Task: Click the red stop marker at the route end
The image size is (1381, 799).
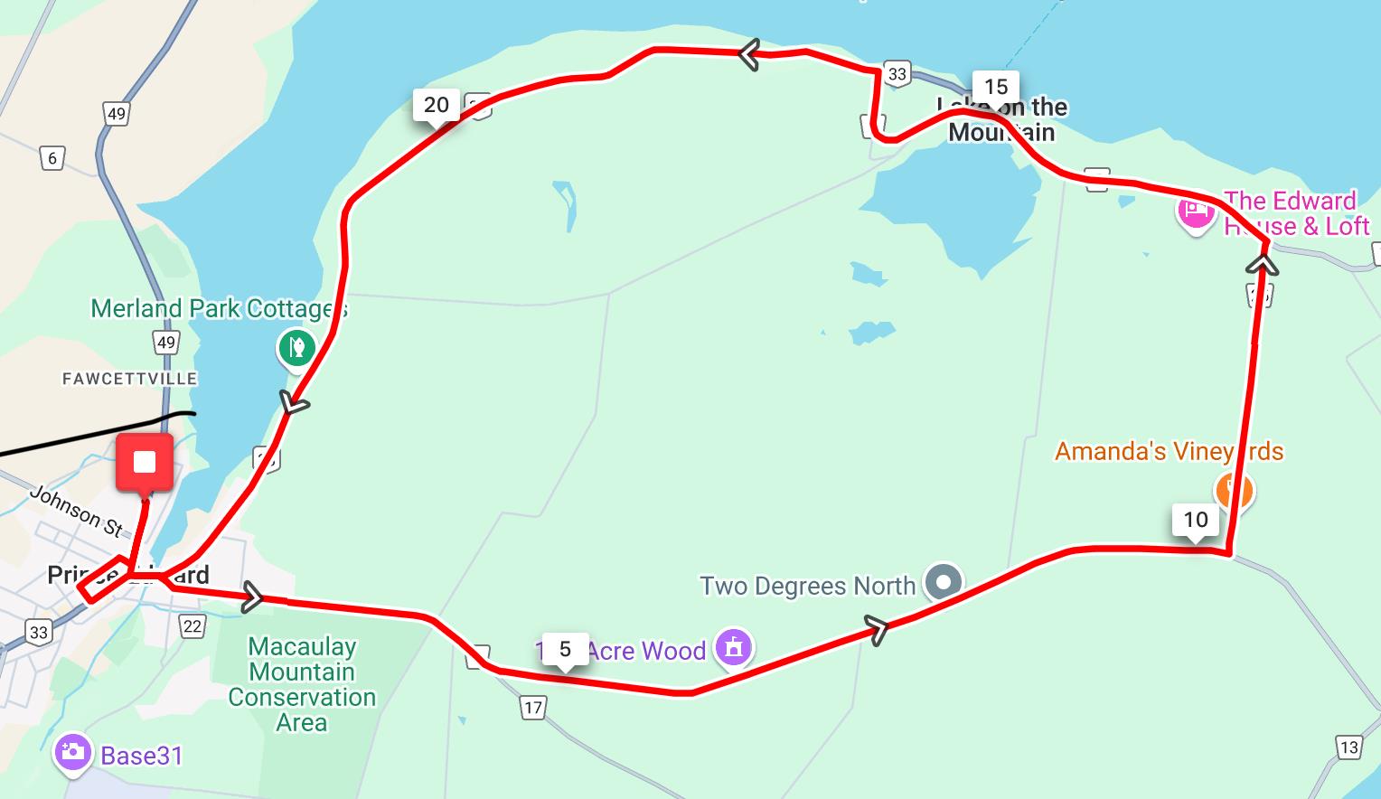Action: click(x=145, y=464)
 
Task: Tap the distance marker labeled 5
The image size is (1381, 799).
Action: click(x=565, y=650)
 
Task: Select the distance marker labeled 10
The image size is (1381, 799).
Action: click(x=1195, y=520)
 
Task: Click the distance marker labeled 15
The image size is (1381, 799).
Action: click(x=995, y=88)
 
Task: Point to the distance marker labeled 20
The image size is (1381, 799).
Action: click(x=436, y=106)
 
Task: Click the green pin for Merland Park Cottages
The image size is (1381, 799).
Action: click(x=296, y=347)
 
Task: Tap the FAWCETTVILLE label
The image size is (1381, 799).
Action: click(x=129, y=379)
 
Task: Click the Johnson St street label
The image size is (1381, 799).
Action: click(x=76, y=511)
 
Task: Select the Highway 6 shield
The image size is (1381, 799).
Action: click(x=52, y=159)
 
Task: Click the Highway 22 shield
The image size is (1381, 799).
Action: click(x=193, y=625)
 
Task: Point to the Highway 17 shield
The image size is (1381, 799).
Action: click(x=533, y=708)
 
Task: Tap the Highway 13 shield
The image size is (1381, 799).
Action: click(x=1348, y=747)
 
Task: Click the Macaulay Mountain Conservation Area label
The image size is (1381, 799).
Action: click(x=302, y=684)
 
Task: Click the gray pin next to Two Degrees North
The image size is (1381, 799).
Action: click(x=944, y=582)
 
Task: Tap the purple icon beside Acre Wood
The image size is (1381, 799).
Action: click(x=733, y=647)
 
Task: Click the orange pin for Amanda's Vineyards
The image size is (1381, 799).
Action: click(x=1234, y=491)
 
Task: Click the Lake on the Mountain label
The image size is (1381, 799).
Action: click(x=1001, y=120)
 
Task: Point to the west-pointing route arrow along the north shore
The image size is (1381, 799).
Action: click(x=748, y=54)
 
